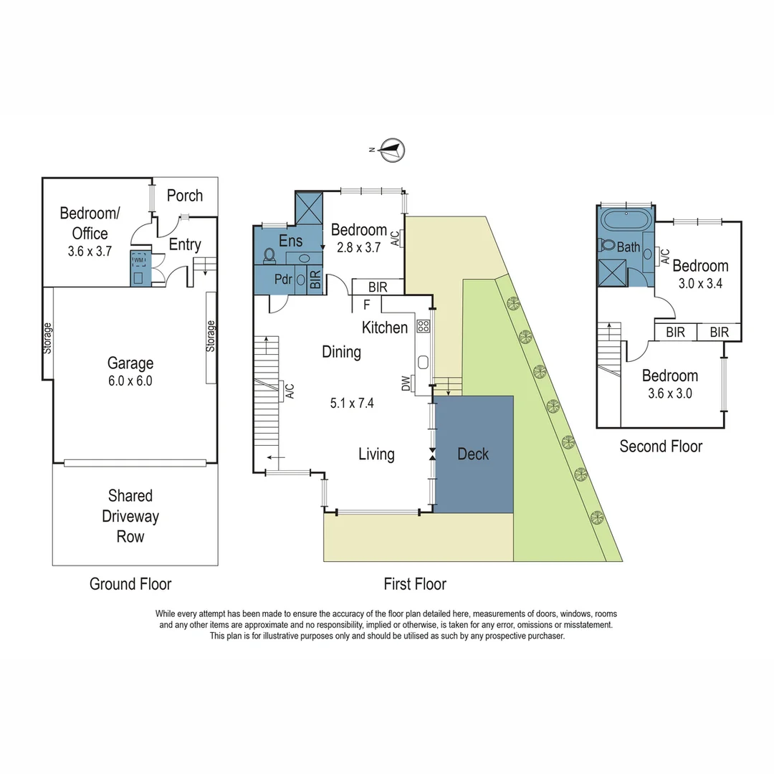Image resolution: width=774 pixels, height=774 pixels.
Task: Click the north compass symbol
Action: point(393,149)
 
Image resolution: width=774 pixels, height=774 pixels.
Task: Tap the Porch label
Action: point(185,196)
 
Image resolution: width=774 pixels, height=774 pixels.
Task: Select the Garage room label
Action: point(130,363)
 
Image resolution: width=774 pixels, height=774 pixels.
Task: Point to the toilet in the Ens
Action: point(270,254)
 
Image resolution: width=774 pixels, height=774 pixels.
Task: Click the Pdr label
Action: point(283,279)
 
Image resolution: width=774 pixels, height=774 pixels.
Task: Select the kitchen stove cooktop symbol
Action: point(423,326)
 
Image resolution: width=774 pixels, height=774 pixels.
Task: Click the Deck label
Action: point(473,454)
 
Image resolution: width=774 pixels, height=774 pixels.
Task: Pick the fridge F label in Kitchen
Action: point(367,304)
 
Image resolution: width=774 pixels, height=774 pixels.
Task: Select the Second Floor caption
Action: point(661,446)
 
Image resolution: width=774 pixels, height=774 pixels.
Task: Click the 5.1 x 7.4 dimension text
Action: point(352,403)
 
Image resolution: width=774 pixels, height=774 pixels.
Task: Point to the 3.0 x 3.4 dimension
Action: point(700,282)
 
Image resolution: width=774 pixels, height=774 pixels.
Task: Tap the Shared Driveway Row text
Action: point(130,516)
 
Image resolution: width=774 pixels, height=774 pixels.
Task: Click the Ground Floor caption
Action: point(130,584)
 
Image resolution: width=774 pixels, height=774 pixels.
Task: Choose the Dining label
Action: point(341,352)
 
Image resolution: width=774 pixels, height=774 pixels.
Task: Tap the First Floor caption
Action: point(415,584)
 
